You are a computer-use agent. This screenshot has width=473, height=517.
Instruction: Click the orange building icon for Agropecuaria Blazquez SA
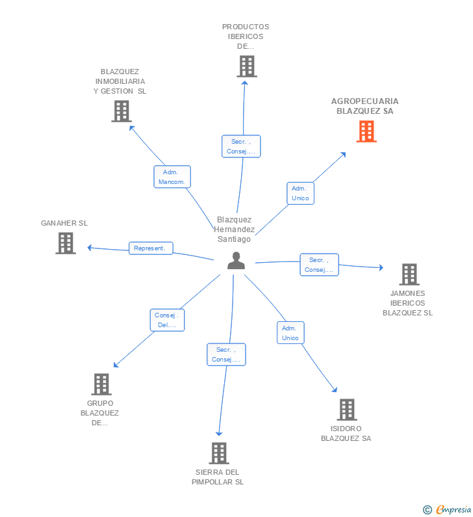(x=366, y=131)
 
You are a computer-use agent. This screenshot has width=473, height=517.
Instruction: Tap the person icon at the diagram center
(x=236, y=260)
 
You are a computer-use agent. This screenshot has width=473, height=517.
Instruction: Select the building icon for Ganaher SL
(x=66, y=243)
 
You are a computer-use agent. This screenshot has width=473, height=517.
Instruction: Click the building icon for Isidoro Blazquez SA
(x=347, y=410)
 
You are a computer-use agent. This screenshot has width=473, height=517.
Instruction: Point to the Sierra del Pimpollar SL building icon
(x=219, y=453)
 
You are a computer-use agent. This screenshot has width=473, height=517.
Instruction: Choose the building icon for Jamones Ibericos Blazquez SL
(x=409, y=274)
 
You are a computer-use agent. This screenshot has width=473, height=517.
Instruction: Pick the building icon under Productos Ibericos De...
(x=246, y=66)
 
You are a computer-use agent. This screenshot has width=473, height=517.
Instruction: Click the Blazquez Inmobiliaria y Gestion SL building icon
(x=121, y=111)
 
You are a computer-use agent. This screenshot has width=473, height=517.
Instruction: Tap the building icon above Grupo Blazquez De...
(x=101, y=384)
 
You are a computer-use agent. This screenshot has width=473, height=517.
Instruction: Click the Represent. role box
(x=151, y=248)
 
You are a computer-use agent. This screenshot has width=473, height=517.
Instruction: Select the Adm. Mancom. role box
(x=172, y=177)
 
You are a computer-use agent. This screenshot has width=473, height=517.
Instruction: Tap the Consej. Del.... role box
(x=167, y=320)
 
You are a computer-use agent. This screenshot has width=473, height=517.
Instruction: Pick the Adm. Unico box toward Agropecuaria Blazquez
(x=300, y=193)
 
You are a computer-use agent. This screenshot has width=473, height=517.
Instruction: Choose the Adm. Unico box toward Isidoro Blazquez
(x=290, y=333)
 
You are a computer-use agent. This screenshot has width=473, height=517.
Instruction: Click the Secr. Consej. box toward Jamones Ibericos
(x=319, y=265)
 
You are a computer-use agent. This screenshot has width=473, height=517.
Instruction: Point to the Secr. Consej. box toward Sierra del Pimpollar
(x=227, y=354)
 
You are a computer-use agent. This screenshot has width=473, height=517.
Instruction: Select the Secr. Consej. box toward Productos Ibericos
(x=242, y=146)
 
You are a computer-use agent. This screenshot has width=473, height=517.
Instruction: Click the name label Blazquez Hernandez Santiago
(x=235, y=230)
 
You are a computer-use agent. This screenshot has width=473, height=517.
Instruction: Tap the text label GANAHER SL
(x=64, y=223)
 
